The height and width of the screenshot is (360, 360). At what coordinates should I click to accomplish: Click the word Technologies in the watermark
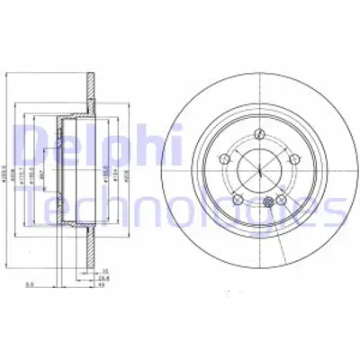pyautogui.click(x=180, y=209)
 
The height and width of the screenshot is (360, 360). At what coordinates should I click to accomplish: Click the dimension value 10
pyautogui.click(x=104, y=270)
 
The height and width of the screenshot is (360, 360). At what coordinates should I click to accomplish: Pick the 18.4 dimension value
pyautogui.click(x=104, y=277)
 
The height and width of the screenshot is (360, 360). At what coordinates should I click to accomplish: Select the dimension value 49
pyautogui.click(x=104, y=285)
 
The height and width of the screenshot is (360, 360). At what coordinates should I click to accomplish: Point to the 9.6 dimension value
pyautogui.click(x=30, y=285)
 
